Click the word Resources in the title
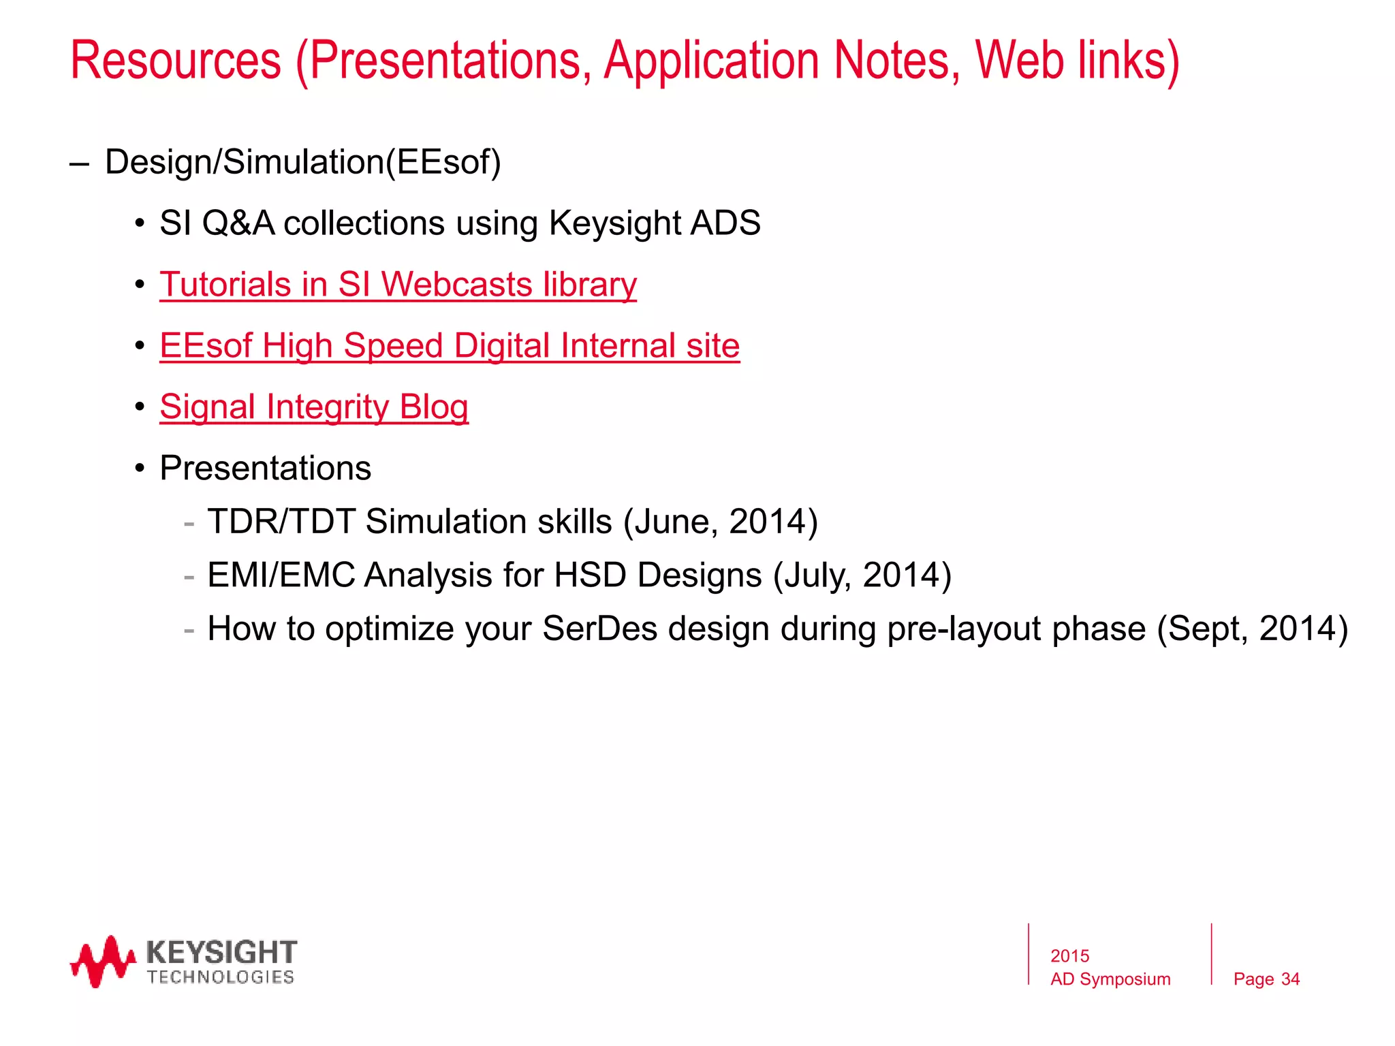176,61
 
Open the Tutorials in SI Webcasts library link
398,285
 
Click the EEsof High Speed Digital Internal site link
450,346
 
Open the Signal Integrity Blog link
314,407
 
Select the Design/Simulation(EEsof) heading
303,162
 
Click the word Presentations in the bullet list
266,469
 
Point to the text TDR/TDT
281,522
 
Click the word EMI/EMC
281,575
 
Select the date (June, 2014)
720,522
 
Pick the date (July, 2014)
862,575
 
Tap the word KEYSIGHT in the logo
221,951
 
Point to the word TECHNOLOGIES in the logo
220,977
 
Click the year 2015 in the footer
1069,956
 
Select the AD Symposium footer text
1110,979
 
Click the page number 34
1290,979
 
